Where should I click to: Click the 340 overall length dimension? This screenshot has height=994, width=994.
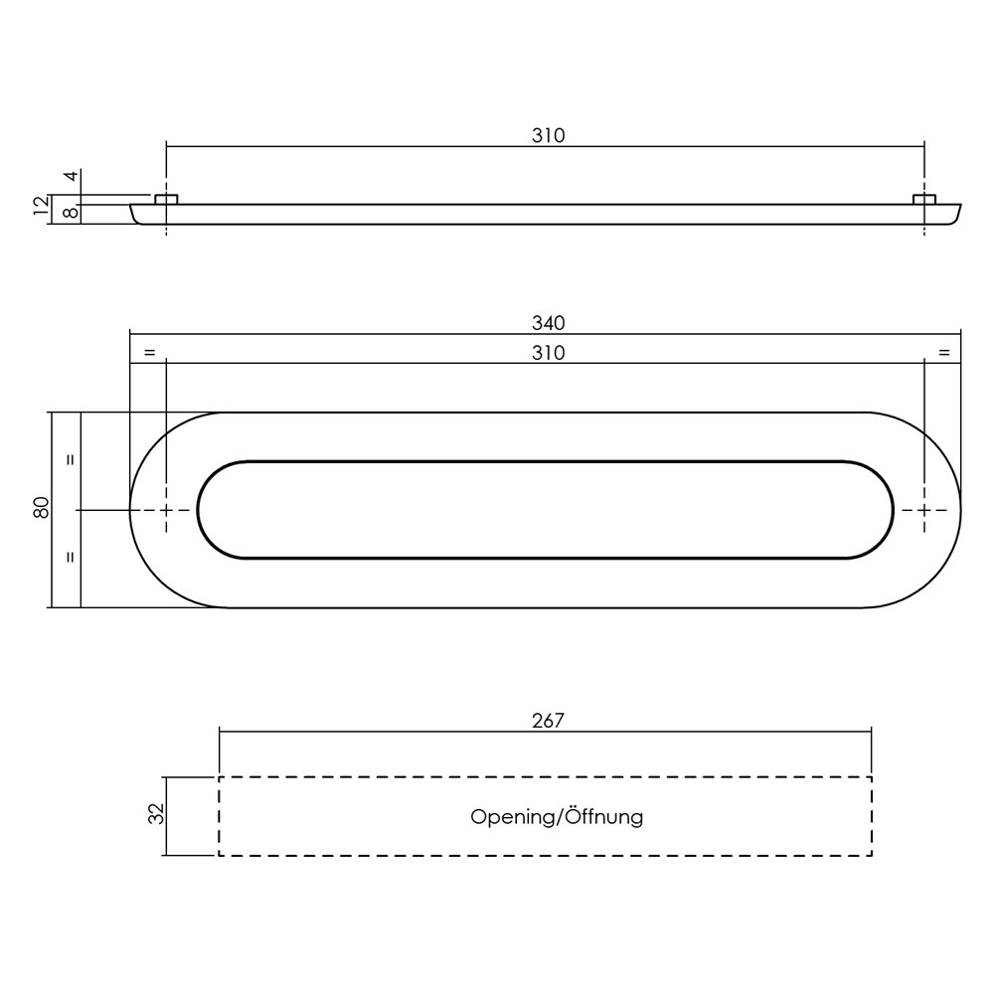click(x=548, y=323)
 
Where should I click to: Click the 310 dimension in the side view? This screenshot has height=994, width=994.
click(x=548, y=136)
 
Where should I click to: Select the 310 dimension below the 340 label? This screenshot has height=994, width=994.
click(x=548, y=353)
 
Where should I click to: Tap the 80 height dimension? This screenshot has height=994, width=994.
click(x=41, y=508)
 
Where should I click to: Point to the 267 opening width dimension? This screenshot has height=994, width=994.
click(x=548, y=721)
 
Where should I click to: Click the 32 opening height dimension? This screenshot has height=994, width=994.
click(x=155, y=815)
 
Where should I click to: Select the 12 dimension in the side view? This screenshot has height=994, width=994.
click(x=41, y=206)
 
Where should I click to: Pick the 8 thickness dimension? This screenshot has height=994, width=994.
click(x=71, y=213)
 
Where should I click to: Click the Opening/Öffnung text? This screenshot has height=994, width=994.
click(x=557, y=817)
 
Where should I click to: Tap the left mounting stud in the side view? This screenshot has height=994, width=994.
click(x=166, y=200)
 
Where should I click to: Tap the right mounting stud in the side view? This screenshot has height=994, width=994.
click(x=924, y=200)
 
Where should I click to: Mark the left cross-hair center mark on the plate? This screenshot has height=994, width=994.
click(x=166, y=510)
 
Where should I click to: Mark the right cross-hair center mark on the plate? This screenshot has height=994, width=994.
click(x=924, y=510)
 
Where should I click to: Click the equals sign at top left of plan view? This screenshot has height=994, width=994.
click(x=149, y=353)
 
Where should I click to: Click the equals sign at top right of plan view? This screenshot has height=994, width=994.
click(x=943, y=353)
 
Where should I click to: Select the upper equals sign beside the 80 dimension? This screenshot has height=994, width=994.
click(x=71, y=460)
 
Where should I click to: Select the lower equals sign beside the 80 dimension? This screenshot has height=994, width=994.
click(x=71, y=558)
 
